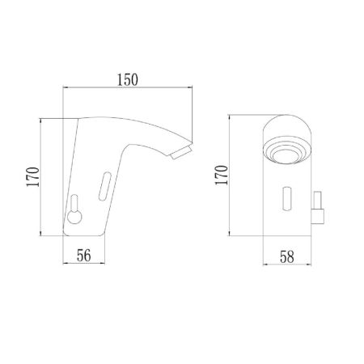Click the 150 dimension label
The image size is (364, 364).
[x=127, y=80]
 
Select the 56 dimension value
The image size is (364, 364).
[x=84, y=256]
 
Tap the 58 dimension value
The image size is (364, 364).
[x=287, y=257]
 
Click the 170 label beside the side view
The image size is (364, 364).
[x=33, y=177]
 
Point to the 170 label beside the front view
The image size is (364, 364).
[x=222, y=176]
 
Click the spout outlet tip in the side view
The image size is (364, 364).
[x=182, y=152]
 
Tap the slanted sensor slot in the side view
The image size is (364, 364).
[x=105, y=186]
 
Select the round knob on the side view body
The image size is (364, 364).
[x=74, y=217]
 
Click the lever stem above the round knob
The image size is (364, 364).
[x=74, y=203]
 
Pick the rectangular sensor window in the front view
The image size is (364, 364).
[x=286, y=199]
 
